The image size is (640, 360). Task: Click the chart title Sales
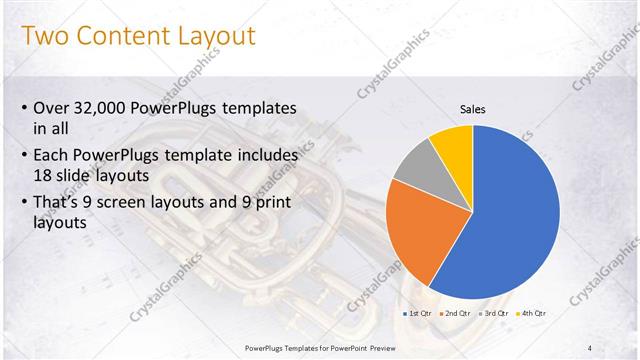472,109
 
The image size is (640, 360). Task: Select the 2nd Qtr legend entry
456,313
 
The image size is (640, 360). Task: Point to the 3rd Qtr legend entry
495,313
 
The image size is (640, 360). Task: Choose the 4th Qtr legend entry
533,313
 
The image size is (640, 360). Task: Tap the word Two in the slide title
43,37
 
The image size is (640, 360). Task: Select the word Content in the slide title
118,37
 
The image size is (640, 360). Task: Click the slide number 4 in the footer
590,347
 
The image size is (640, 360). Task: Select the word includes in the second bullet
262,155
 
